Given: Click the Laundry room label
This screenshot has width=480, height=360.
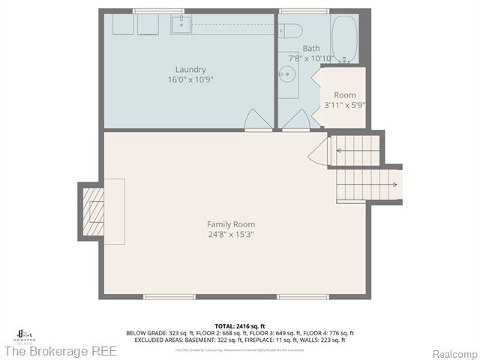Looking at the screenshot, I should [190, 70].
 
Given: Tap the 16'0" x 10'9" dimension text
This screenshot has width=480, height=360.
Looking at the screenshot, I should [190, 79].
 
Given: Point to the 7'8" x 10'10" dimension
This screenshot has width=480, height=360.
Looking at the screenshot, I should [310, 58].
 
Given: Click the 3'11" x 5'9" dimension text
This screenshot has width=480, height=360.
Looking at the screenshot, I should [344, 105].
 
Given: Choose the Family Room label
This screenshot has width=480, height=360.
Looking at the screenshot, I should [231, 224].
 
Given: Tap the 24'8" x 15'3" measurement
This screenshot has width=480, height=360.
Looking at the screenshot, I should [231, 234].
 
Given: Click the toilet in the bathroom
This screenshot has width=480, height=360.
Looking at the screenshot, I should [291, 31].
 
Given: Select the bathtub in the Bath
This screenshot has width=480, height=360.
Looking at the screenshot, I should [345, 39].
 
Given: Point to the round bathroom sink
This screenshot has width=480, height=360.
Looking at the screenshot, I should [286, 74].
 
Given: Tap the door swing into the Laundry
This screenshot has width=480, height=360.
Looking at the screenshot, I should [258, 121].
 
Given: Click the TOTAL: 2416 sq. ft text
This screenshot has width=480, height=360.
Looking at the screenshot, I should [239, 326].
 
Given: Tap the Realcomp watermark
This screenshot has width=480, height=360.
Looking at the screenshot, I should [454, 353].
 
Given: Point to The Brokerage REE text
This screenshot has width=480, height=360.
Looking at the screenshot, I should [60, 351].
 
